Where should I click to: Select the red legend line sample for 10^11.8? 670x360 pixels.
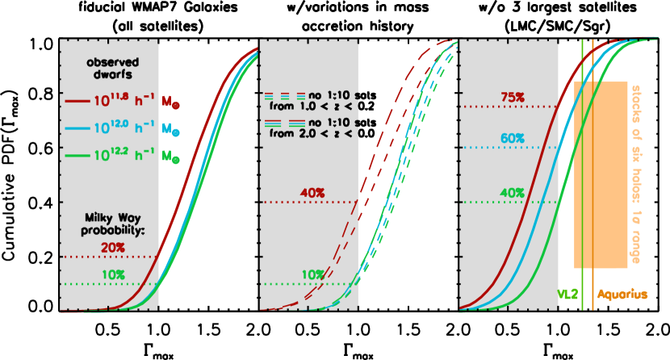click(77, 102)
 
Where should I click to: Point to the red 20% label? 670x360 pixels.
click(112, 247)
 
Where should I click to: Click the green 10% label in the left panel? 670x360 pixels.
click(113, 274)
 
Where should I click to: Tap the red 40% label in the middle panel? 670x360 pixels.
click(312, 193)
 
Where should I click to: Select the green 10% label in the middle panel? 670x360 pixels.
click(312, 274)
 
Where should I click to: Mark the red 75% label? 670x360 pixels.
click(512, 97)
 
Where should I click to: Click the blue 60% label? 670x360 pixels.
click(512, 139)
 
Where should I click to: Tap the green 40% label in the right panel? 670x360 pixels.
click(512, 193)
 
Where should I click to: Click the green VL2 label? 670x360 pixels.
click(567, 295)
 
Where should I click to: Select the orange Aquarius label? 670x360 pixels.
click(622, 295)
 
